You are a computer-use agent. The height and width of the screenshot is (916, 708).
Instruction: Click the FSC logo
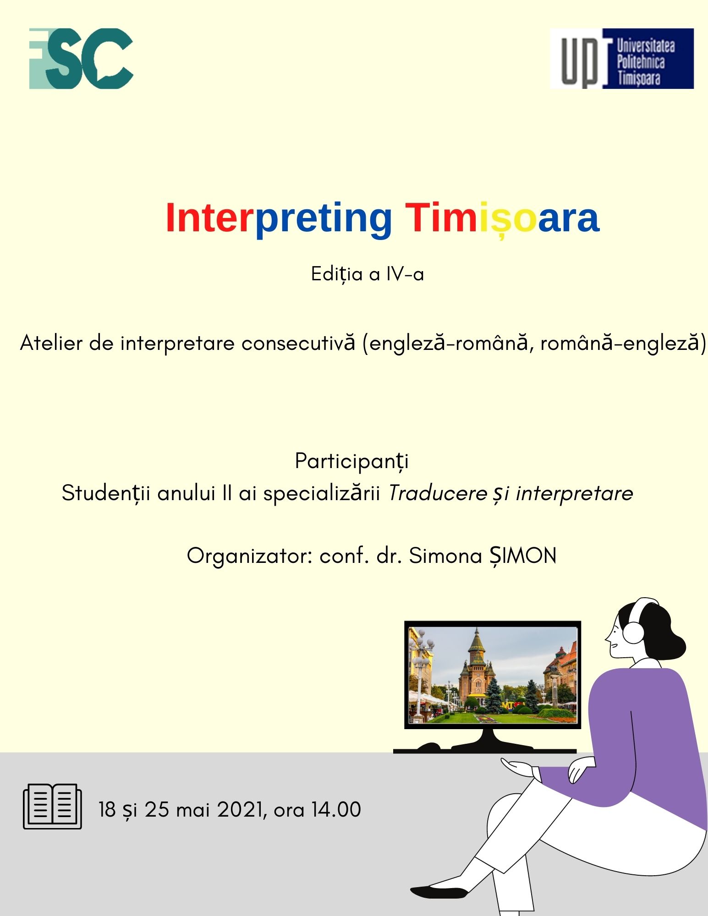point(81,59)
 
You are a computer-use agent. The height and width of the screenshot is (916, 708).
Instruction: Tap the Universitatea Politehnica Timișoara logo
point(622,58)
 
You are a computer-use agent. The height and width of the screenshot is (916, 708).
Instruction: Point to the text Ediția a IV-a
point(368,274)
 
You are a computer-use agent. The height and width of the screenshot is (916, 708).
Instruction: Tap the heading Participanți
point(351,461)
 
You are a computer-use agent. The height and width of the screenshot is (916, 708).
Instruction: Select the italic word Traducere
point(438,493)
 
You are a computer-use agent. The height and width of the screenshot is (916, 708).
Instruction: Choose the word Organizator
point(249,556)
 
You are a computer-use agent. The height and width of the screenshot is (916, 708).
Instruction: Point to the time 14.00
point(336,810)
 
